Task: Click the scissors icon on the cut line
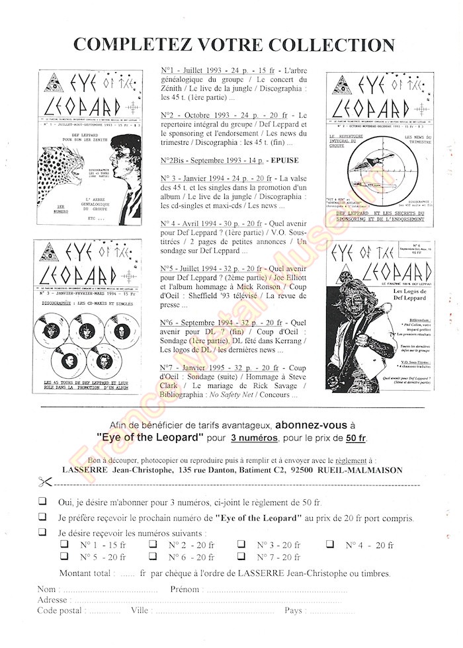[x=46, y=483]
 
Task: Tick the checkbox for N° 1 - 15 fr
[x=65, y=545]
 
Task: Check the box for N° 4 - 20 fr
[x=330, y=545]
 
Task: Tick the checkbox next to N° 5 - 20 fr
[x=65, y=557]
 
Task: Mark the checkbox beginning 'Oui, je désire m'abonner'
[x=43, y=503]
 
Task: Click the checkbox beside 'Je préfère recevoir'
[x=43, y=518]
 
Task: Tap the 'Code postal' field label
[x=60, y=610]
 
